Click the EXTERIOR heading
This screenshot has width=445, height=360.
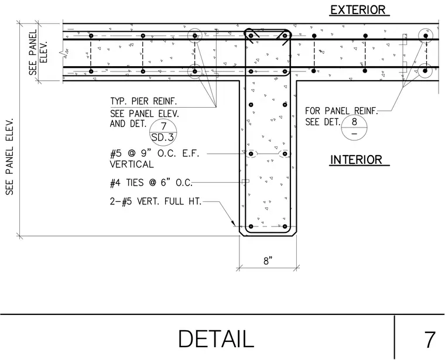coord(358,10)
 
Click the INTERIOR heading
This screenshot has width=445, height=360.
coord(356,160)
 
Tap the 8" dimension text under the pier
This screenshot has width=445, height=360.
coord(268,260)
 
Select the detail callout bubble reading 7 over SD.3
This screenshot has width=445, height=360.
coord(163,132)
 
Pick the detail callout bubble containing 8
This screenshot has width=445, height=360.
coord(354,128)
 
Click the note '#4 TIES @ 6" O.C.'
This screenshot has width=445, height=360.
coord(151,183)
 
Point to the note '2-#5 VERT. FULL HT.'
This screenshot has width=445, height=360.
coord(156,201)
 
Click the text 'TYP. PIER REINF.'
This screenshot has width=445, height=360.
coord(143,101)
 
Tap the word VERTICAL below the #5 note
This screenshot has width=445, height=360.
coord(132,164)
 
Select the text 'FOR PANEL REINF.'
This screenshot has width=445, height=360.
coord(342,111)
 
